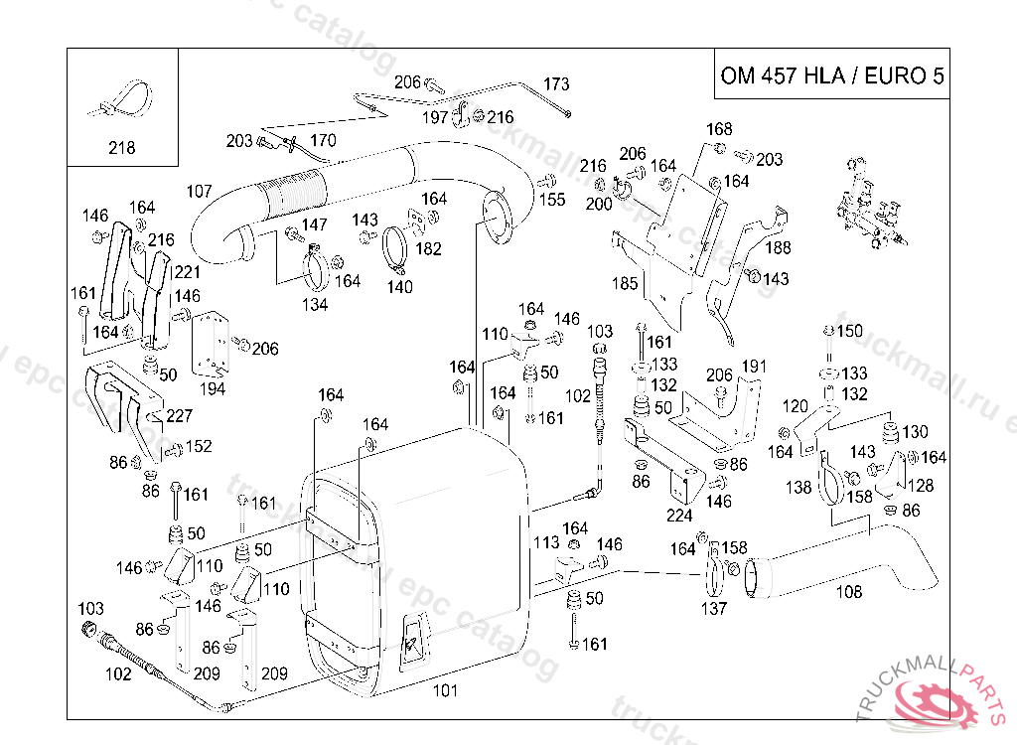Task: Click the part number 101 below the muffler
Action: point(446,688)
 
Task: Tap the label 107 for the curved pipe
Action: point(200,191)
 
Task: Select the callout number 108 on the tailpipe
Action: point(849,592)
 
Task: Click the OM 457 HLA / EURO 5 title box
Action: point(832,76)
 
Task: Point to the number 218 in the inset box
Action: point(121,149)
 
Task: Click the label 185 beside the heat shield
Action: point(625,284)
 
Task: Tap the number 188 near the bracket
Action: point(778,247)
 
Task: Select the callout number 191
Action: point(754,367)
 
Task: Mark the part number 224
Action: point(679,516)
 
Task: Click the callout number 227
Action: point(180,416)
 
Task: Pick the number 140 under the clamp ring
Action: point(399,287)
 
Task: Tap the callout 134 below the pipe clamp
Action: point(315,305)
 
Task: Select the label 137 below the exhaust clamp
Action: point(714,609)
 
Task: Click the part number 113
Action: point(547,542)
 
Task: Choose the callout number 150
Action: point(850,331)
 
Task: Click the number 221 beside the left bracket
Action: point(187,271)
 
